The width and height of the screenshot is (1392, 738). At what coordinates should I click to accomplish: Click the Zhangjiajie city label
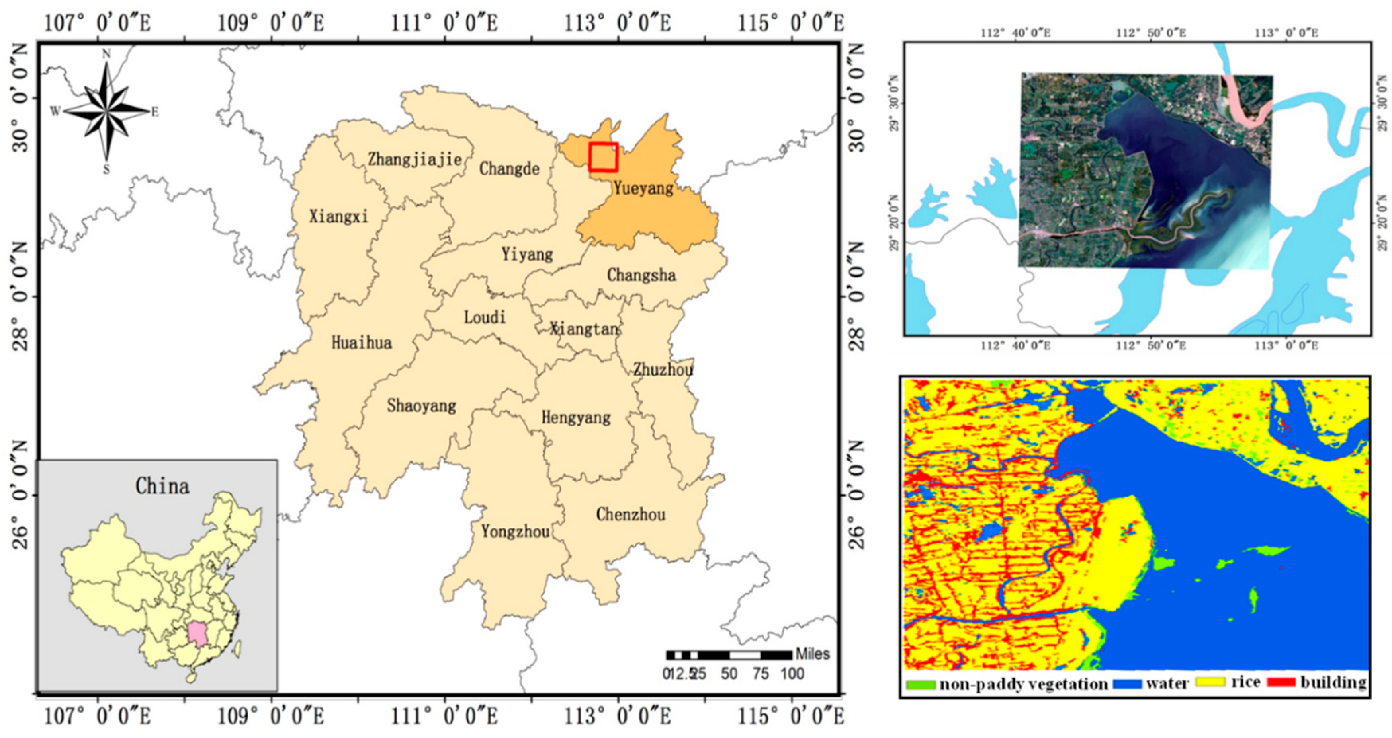tap(414, 159)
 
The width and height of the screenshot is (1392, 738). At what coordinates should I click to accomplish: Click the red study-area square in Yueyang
tap(603, 157)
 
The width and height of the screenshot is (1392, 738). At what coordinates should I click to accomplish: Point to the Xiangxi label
tap(338, 216)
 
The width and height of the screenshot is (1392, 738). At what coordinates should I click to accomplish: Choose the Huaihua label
tap(362, 342)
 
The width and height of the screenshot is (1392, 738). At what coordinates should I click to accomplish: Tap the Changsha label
tap(641, 275)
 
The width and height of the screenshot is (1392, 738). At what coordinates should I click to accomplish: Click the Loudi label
tap(485, 317)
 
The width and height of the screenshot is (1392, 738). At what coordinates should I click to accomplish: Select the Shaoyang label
tap(421, 405)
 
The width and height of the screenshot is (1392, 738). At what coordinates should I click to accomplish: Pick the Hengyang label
tap(576, 417)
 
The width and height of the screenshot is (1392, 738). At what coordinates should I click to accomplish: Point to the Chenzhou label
tap(631, 514)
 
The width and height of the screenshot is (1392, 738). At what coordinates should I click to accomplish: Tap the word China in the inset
tap(162, 486)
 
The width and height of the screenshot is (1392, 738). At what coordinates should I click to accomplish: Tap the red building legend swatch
tap(1281, 682)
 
